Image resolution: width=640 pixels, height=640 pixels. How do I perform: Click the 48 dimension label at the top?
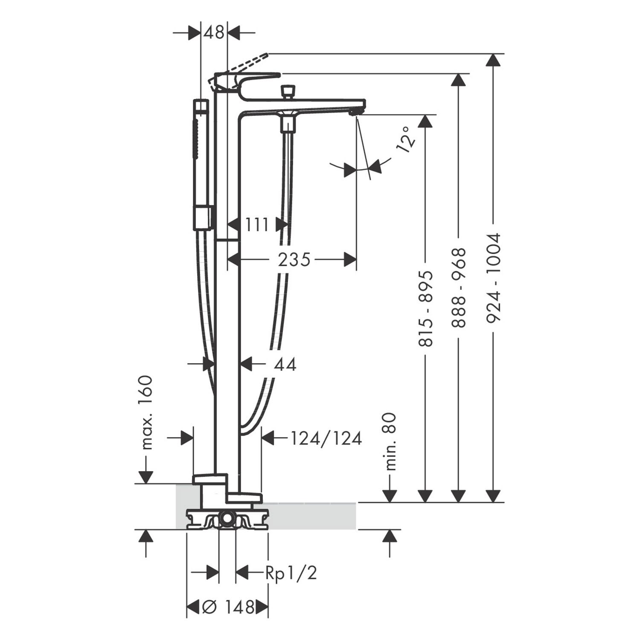(x=214, y=32)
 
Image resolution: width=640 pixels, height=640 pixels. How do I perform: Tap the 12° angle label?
(x=406, y=139)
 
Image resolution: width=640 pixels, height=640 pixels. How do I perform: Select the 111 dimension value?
(x=257, y=224)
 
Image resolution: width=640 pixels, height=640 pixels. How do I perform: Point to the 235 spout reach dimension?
(x=294, y=259)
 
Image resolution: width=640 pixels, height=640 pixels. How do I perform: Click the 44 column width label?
(x=285, y=364)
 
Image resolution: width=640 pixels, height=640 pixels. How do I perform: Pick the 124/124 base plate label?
(x=326, y=438)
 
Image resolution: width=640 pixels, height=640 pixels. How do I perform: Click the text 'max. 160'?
(x=146, y=413)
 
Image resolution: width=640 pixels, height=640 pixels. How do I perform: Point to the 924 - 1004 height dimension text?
(x=493, y=277)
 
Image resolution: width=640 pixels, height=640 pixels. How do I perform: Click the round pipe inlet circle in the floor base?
(x=226, y=520)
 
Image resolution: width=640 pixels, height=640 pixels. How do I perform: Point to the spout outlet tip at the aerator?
(x=355, y=113)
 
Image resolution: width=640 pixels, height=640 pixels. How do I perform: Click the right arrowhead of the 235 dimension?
(x=350, y=259)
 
